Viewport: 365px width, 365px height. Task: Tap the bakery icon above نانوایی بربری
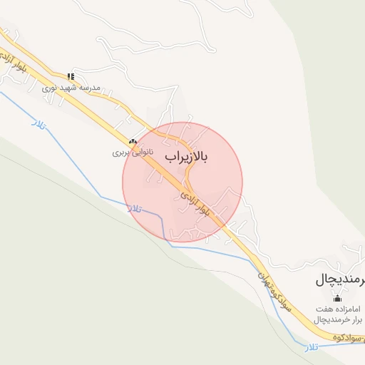click(x=133, y=141)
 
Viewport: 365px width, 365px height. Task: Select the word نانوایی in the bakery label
click(x=141, y=153)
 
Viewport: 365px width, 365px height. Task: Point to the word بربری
click(x=121, y=153)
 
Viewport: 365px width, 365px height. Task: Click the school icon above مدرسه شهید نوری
click(x=70, y=76)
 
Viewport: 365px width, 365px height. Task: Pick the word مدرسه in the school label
click(x=90, y=86)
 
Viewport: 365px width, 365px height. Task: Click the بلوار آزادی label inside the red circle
click(x=197, y=205)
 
